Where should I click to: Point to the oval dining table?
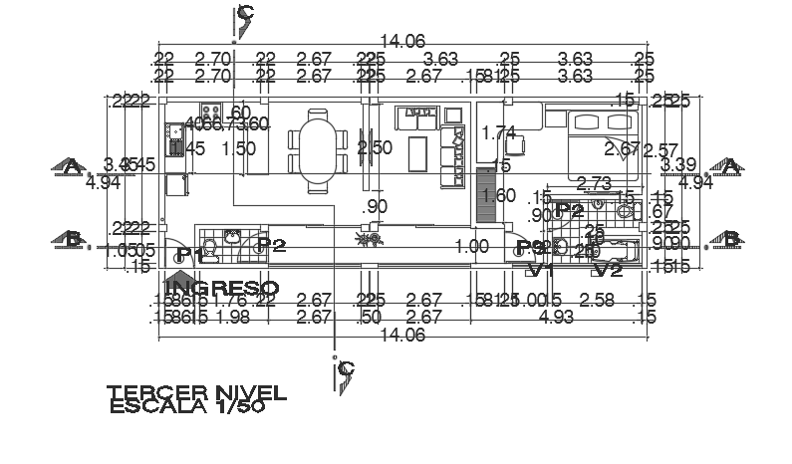(318, 150)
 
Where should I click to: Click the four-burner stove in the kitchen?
(210, 112)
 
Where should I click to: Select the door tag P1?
(189, 256)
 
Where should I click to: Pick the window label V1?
(540, 269)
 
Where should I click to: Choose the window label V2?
(608, 269)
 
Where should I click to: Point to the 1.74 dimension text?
(498, 132)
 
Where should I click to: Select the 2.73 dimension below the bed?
(594, 183)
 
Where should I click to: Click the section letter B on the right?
(731, 239)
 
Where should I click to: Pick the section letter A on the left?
(70, 167)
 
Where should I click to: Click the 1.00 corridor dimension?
(471, 247)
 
